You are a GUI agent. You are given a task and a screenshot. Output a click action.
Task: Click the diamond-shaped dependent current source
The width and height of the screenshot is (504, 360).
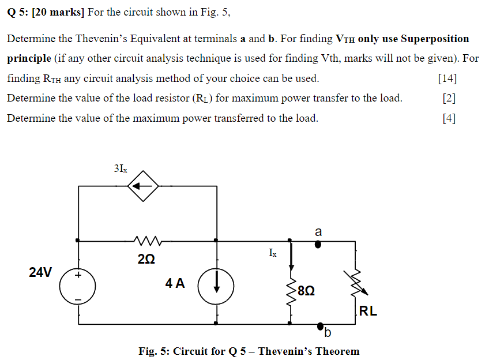pyautogui.click(x=143, y=186)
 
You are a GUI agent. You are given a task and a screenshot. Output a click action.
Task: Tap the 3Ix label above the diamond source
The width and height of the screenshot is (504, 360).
pyautogui.click(x=121, y=169)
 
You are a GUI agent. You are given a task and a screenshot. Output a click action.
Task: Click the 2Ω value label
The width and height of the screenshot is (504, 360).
pyautogui.click(x=146, y=260)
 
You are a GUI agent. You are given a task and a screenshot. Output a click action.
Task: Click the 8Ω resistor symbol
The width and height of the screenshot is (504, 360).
pyautogui.click(x=292, y=291)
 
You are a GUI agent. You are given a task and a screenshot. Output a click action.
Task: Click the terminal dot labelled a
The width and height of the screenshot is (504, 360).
pyautogui.click(x=318, y=244)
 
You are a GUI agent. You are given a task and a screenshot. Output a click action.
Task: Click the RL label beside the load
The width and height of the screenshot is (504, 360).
pyautogui.click(x=368, y=312)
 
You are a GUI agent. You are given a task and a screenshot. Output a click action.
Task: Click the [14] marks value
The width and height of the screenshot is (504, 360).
pyautogui.click(x=447, y=78)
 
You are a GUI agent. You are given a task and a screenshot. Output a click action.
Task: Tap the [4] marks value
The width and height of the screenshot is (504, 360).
pyautogui.click(x=449, y=119)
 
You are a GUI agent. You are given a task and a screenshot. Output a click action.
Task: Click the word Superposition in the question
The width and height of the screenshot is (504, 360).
pyautogui.click(x=435, y=39)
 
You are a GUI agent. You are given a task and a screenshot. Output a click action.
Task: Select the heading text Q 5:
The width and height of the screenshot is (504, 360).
pyautogui.click(x=18, y=12)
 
